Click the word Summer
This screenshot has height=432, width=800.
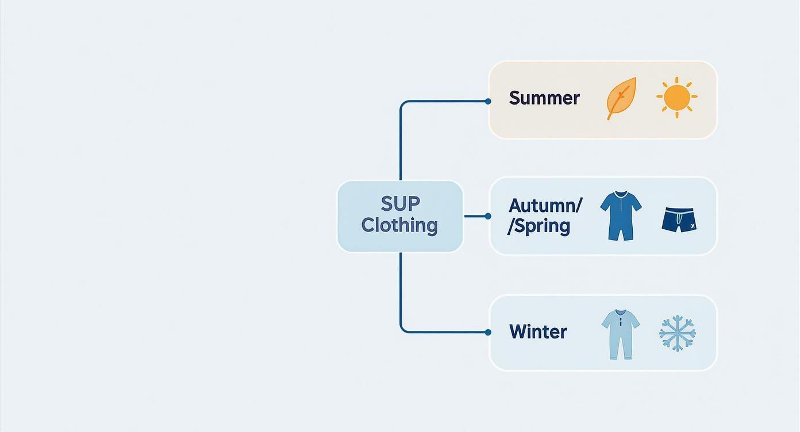pos(544,98)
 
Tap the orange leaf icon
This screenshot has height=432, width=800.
pos(621,98)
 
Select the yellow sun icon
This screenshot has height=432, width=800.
pos(676,98)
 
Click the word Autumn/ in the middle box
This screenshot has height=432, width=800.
pos(545,205)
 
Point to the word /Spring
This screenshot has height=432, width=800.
pos(539,226)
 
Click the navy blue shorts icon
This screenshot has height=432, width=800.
pos(679,221)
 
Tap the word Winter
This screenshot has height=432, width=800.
pos(538,331)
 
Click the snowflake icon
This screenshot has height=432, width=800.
pos(677,333)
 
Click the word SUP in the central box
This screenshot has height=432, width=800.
pos(400,203)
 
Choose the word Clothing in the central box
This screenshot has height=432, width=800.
pos(399,225)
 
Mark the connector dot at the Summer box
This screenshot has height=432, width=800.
pos(488,101)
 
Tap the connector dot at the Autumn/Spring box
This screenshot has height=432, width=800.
pos(488,216)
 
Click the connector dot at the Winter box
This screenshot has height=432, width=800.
pos(488,332)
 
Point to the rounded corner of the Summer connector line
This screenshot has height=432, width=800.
pos(403,104)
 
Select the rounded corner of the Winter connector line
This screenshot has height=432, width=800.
pos(403,329)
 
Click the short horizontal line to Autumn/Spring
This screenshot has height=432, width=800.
pos(475,216)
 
